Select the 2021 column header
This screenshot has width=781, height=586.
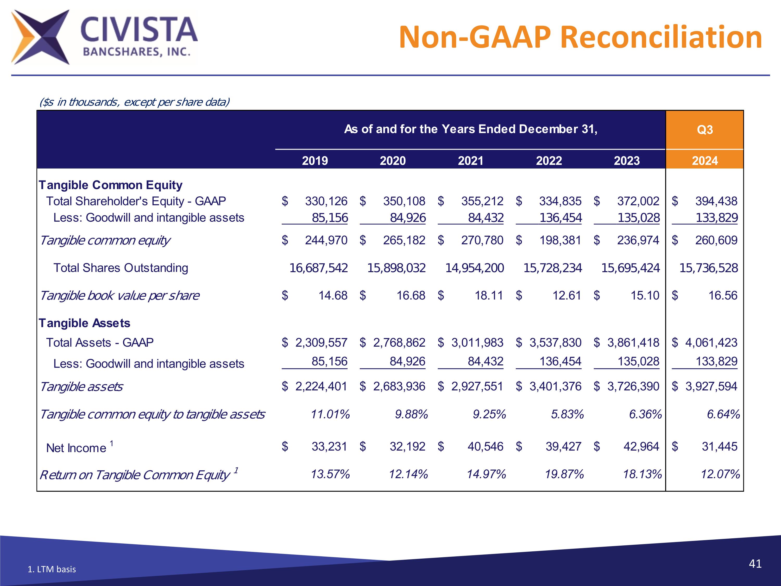[470, 161]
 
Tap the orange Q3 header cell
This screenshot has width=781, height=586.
[704, 130]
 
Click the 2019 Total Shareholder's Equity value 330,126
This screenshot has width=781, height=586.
[326, 201]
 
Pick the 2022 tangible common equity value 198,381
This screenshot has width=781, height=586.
[560, 240]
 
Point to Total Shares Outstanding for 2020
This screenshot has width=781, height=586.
[396, 268]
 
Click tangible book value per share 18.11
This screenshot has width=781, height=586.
[489, 295]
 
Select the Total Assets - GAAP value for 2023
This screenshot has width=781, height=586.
[633, 342]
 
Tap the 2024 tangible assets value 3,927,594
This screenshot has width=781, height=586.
[711, 386]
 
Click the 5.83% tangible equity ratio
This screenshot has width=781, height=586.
[567, 414]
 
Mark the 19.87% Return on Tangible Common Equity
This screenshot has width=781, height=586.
[564, 474]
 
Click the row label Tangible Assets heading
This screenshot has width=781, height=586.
[84, 323]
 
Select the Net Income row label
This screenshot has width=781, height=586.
[76, 448]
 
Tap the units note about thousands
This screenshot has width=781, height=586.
[134, 102]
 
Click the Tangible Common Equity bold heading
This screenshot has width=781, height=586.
[111, 185]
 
